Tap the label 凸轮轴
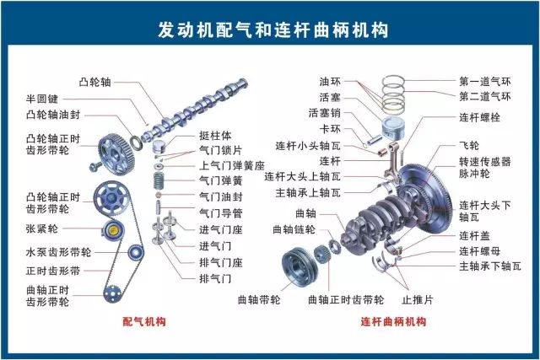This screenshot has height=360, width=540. (x=94, y=82)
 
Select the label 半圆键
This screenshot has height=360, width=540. (x=42, y=99)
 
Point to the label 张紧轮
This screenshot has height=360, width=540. (x=42, y=228)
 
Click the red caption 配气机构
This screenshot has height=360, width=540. (x=143, y=321)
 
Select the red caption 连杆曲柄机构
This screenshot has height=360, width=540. (x=393, y=321)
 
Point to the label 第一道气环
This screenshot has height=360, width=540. (x=485, y=82)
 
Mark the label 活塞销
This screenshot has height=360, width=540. (x=325, y=113)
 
